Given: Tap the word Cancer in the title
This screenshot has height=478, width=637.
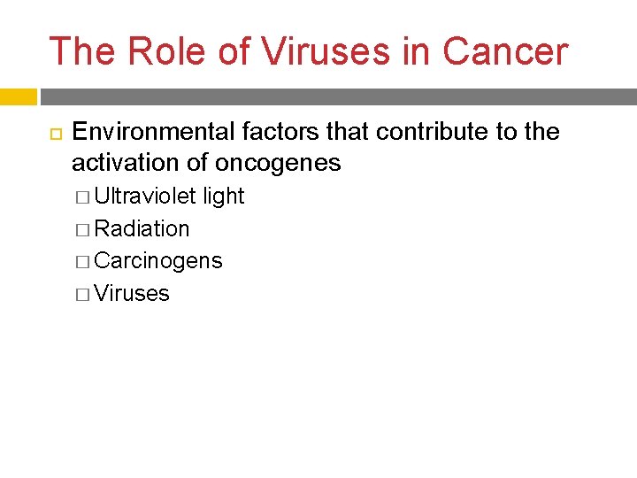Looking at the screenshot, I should click(505, 51).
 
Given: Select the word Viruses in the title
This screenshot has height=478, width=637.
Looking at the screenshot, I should click(325, 51).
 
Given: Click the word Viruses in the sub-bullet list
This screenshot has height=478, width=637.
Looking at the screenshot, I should click(131, 294).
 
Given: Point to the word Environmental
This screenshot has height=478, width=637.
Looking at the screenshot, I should click(153, 132).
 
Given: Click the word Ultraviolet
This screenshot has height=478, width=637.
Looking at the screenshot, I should click(145, 197).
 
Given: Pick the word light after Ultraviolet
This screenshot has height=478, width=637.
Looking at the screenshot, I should click(223, 197).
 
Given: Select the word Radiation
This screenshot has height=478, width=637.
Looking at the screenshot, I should click(142, 229).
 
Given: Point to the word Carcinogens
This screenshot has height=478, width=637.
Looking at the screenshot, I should click(157, 261).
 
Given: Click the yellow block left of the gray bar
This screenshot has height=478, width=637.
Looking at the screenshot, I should click(18, 96).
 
